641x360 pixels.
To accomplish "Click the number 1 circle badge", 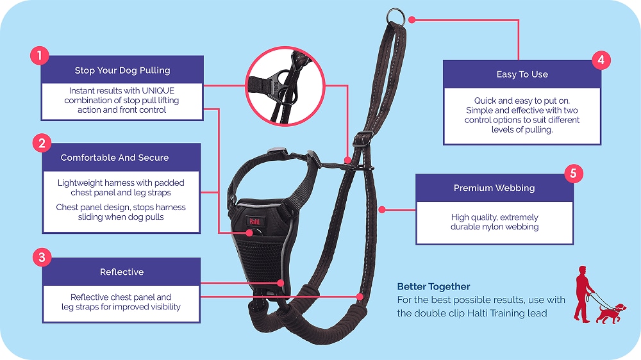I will tap(40, 56).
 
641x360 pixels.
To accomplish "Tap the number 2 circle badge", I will tap(42, 143).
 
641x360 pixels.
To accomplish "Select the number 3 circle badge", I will tap(42, 258).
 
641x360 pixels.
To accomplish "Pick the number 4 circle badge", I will tap(601, 60).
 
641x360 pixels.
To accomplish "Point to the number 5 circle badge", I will tap(572, 174).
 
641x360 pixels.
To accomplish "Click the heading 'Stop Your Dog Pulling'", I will tap(122, 70).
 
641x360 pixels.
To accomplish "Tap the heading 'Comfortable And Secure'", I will tap(115, 158).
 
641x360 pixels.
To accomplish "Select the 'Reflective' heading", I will tap(122, 272).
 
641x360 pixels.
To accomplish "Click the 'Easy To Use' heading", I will tap(522, 74).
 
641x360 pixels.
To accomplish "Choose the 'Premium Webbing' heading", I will tap(494, 188).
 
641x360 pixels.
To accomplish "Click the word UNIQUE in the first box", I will tap(158, 91).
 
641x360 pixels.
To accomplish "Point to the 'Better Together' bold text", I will tap(433, 286).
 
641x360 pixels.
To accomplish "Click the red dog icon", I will tap(610, 312).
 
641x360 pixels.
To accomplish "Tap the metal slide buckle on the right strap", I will tap(363, 137).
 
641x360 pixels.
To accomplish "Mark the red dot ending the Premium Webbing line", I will tap(382, 209).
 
